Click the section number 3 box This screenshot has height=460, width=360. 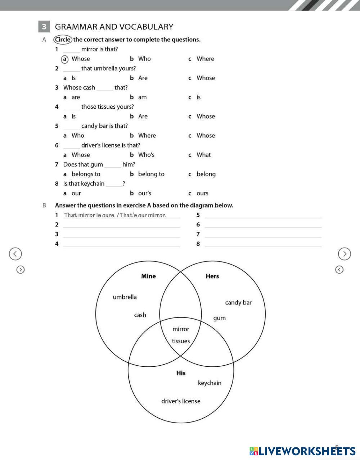[x=44, y=27]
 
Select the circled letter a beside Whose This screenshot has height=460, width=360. [x=65, y=59]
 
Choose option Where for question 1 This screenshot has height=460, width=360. [x=205, y=59]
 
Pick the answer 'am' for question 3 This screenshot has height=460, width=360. [x=142, y=97]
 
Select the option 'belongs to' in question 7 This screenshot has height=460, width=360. [x=86, y=174]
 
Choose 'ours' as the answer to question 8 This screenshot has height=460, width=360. [x=202, y=193]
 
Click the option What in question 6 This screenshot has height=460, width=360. [x=203, y=155]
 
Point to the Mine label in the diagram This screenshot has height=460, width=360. [x=148, y=276]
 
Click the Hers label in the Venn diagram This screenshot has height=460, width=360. [x=212, y=276]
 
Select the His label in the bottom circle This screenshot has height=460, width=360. [x=181, y=373]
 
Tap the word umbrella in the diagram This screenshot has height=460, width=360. [x=125, y=297]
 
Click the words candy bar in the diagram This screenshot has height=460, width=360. [x=238, y=302]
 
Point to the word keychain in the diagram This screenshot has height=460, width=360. [x=210, y=383]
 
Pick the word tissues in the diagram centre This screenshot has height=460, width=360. [x=181, y=341]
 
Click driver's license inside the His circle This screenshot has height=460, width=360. [x=181, y=401]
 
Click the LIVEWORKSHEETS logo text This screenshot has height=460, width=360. [x=302, y=451]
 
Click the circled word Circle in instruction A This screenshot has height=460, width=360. [x=63, y=40]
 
